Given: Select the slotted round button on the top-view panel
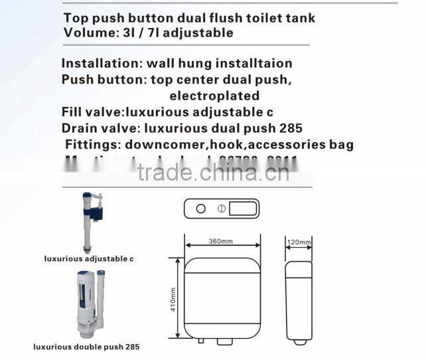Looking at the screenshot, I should [x=222, y=209].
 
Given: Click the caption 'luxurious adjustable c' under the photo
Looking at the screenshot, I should [x=88, y=258].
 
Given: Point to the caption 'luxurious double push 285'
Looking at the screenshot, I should [x=87, y=347].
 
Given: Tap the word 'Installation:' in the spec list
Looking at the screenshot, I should [x=100, y=64].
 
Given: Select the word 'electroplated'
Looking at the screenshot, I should [x=205, y=96].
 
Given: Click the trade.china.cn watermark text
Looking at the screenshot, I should [x=212, y=174].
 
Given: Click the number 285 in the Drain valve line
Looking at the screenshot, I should [x=289, y=128].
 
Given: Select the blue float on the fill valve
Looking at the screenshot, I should [x=98, y=213].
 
